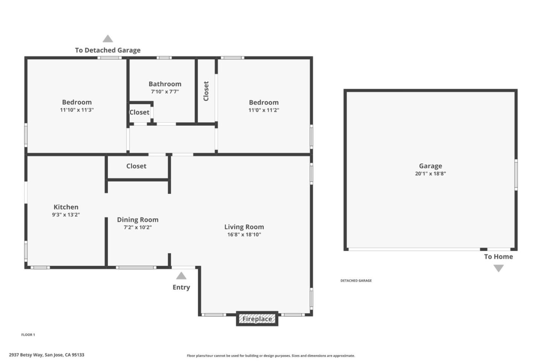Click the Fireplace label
257,319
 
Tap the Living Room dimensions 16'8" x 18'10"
244,235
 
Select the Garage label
430,166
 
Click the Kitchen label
66,207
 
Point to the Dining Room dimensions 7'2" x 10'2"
137,227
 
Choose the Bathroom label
165,84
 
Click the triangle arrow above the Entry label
181,276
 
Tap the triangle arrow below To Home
498,268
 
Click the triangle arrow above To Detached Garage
108,39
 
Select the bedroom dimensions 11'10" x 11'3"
77,110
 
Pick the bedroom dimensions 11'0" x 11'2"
263,110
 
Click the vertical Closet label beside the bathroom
206,91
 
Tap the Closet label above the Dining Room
136,166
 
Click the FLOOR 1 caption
28,335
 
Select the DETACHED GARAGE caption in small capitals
356,280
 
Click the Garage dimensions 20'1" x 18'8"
430,174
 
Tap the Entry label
181,287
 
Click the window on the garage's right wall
516,174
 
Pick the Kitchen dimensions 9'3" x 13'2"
66,215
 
